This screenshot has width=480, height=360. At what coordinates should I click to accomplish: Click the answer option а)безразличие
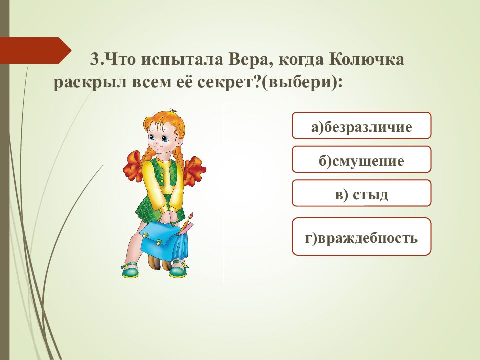(361, 126)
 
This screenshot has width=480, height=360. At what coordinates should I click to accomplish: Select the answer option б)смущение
(361, 159)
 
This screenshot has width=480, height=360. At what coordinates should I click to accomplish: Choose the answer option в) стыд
(361, 193)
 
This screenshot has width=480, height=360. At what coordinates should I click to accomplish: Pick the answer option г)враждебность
(361, 236)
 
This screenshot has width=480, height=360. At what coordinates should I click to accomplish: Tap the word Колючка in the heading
(366, 59)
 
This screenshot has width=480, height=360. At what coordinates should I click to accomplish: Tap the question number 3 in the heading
(95, 59)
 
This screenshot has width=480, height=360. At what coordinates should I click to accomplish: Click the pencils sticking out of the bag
(186, 224)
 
